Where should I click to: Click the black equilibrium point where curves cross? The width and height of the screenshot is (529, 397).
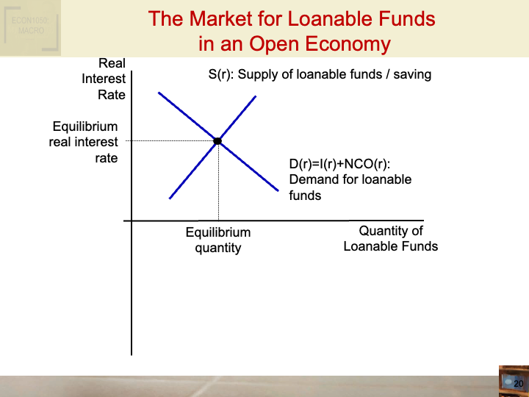pyautogui.click(x=217, y=140)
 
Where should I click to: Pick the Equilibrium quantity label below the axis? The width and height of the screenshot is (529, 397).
pyautogui.click(x=217, y=240)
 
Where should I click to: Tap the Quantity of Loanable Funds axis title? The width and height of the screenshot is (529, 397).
pyautogui.click(x=390, y=239)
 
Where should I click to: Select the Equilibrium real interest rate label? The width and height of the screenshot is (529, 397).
pyautogui.click(x=84, y=142)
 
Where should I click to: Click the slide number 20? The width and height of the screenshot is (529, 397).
pyautogui.click(x=517, y=384)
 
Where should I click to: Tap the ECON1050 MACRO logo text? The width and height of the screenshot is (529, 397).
pyautogui.click(x=29, y=26)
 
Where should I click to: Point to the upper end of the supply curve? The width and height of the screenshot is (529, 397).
pyautogui.click(x=255, y=96)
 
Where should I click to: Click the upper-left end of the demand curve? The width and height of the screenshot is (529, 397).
pyautogui.click(x=159, y=92)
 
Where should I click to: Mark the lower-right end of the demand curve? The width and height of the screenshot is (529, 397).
pyautogui.click(x=278, y=190)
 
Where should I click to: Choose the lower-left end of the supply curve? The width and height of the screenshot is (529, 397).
pyautogui.click(x=170, y=198)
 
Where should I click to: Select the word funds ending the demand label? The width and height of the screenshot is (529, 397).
pyautogui.click(x=305, y=196)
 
